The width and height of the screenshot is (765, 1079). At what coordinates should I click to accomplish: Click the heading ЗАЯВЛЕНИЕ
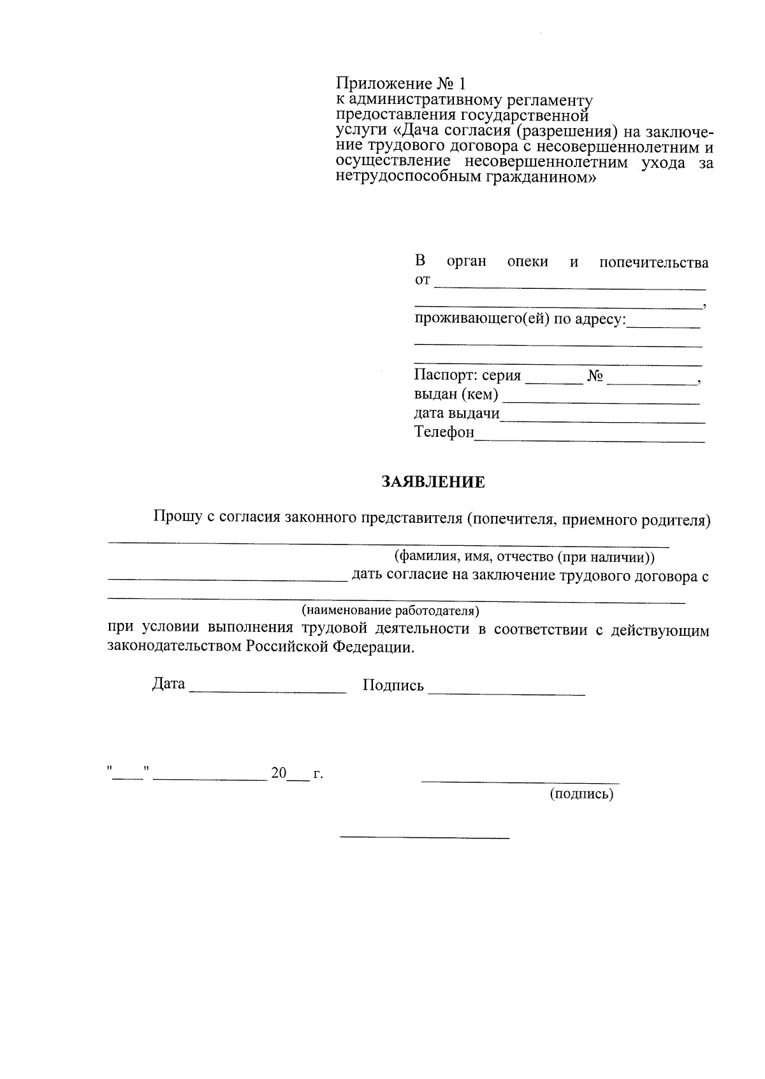click(x=433, y=482)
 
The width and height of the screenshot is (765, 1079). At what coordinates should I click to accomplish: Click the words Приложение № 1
click(x=402, y=84)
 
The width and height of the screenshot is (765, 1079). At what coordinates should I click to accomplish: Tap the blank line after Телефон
click(x=590, y=439)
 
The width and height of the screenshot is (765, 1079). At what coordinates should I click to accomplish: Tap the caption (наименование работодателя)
click(x=390, y=611)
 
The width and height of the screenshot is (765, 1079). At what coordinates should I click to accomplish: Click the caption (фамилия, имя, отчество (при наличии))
click(x=525, y=557)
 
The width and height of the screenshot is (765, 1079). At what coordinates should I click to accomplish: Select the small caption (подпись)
click(x=581, y=795)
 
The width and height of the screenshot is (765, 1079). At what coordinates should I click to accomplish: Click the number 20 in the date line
click(x=279, y=774)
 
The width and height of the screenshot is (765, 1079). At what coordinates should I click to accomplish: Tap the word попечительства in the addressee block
click(x=653, y=263)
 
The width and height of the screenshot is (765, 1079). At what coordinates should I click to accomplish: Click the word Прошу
click(x=174, y=517)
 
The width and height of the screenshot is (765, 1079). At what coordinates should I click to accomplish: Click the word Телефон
click(x=444, y=432)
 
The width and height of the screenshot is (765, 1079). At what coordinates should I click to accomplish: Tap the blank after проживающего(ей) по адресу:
click(x=663, y=326)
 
